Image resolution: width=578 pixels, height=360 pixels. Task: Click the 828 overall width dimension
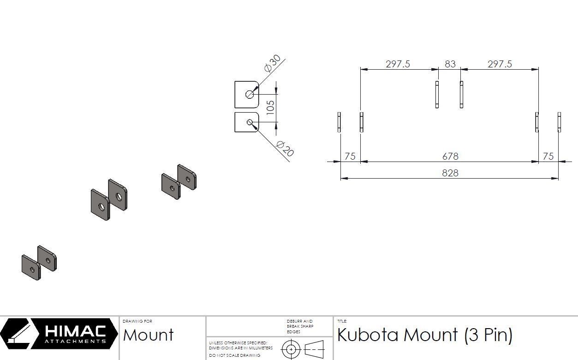[450, 173]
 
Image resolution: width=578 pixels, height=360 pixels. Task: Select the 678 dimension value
[450, 156]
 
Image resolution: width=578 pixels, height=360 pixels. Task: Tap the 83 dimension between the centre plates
[450, 64]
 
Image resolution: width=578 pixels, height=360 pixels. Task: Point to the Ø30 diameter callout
[273, 63]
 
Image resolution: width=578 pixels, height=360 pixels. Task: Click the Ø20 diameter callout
[285, 149]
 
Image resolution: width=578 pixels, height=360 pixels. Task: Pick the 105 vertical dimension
[270, 108]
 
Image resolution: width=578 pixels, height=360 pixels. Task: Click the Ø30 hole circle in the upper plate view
[250, 95]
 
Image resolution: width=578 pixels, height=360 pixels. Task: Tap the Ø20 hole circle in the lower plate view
[250, 122]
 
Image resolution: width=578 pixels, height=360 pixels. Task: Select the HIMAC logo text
[75, 331]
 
